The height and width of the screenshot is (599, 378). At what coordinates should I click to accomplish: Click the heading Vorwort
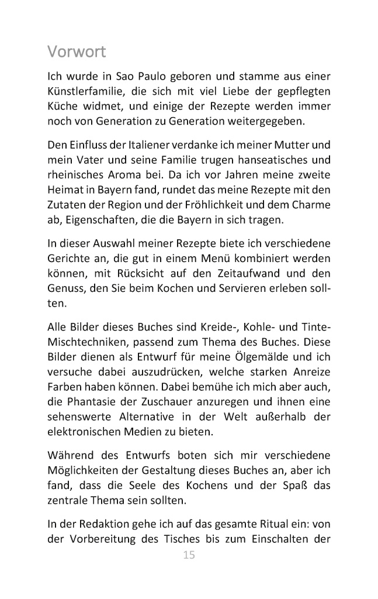pyautogui.click(x=77, y=52)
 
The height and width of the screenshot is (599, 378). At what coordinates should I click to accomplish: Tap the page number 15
pyautogui.click(x=189, y=555)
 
